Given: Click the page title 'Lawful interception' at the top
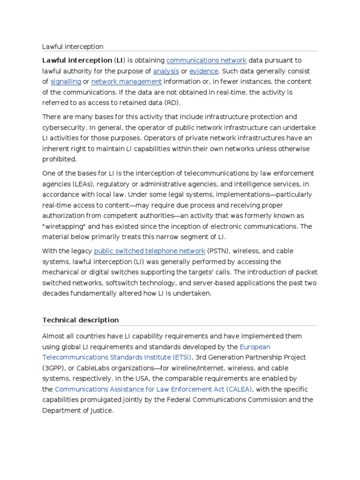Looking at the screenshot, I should coord(73,46).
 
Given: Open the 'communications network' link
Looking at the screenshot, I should coord(206,60).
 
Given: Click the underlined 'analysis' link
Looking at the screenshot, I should coord(166,71).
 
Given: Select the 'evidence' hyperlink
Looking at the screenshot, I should coord(204,71).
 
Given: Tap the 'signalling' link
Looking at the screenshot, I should coord(66,82).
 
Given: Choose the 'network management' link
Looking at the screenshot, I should coord(126,82).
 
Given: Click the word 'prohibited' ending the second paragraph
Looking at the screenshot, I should coord(59,159).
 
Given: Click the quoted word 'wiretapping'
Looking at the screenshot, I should coord(65,226).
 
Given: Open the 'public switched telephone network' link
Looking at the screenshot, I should coord(150,251).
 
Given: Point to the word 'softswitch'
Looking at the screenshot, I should coord(109,283).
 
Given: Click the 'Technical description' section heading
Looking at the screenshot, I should coord(81,320).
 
